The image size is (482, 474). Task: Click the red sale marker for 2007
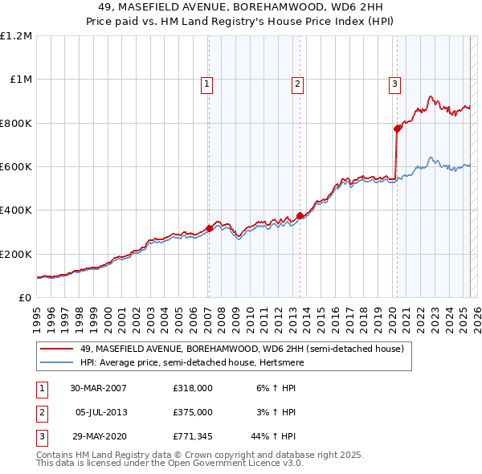pos(209,228)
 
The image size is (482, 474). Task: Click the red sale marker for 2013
pos(300,215)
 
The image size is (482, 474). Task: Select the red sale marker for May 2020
pos(398,129)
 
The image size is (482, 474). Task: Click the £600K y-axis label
pos(16,167)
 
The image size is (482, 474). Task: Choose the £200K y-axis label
pos(16,254)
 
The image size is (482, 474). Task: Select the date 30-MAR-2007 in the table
pos(98,388)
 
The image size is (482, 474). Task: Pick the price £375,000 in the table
pos(192,412)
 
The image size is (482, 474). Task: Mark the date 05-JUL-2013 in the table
pos(100,412)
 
